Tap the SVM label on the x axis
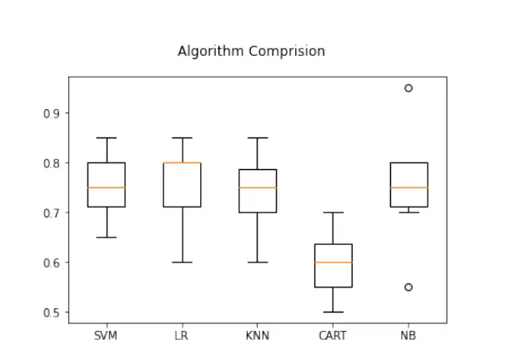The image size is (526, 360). [106, 336]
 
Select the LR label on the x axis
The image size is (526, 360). [182, 336]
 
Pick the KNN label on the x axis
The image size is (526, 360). [257, 336]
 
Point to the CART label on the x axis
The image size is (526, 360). [333, 336]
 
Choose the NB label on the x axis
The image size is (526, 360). [408, 336]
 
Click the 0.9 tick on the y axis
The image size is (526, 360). [52, 113]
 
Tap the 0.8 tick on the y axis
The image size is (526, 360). [52, 163]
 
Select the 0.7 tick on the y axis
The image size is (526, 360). [52, 213]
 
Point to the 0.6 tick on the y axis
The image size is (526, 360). [52, 262]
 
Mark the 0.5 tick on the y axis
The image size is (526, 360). [52, 312]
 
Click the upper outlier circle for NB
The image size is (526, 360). [408, 88]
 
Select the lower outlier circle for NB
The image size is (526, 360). [408, 287]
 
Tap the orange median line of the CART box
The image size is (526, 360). [333, 262]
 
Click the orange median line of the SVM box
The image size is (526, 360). [106, 187]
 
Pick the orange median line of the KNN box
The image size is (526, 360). [257, 187]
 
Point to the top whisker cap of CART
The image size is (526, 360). [333, 212]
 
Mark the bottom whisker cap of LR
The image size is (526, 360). [182, 262]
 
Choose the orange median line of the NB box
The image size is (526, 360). [408, 187]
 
